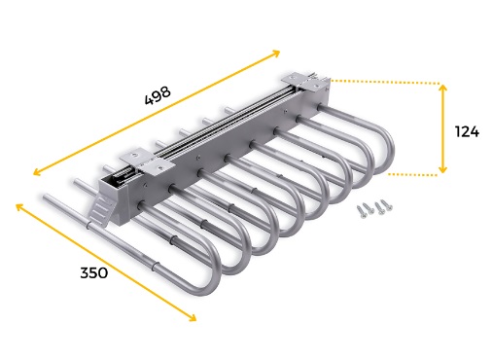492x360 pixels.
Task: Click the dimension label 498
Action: click(x=158, y=95)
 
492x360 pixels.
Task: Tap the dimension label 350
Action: click(x=94, y=272)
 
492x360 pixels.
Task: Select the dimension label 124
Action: click(x=467, y=131)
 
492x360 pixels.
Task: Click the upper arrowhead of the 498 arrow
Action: click(x=276, y=53)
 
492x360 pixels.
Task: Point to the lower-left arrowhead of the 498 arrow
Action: click(x=37, y=172)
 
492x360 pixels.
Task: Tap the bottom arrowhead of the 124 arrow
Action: click(x=442, y=169)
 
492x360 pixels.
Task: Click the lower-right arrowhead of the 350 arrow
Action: click(x=193, y=318)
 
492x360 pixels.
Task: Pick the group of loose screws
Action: click(x=374, y=207)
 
